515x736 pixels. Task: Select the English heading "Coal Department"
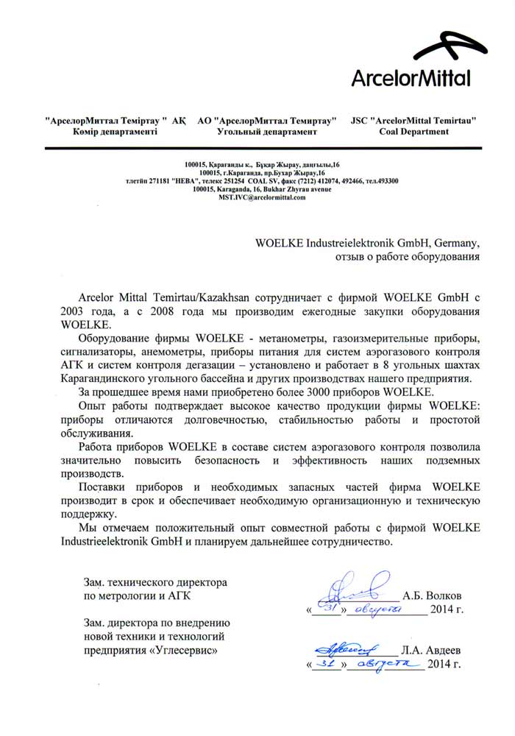point(413,132)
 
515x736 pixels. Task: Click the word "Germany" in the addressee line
point(455,242)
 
